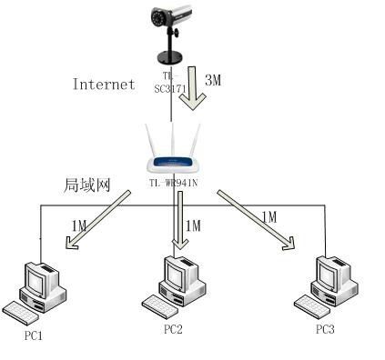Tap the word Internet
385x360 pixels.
coord(103,84)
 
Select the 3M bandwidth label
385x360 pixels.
coord(212,80)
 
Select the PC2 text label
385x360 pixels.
coord(173,329)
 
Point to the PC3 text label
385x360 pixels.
coord(325,328)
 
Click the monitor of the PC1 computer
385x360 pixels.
coord(41,276)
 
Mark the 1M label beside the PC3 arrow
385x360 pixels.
coord(268,215)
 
